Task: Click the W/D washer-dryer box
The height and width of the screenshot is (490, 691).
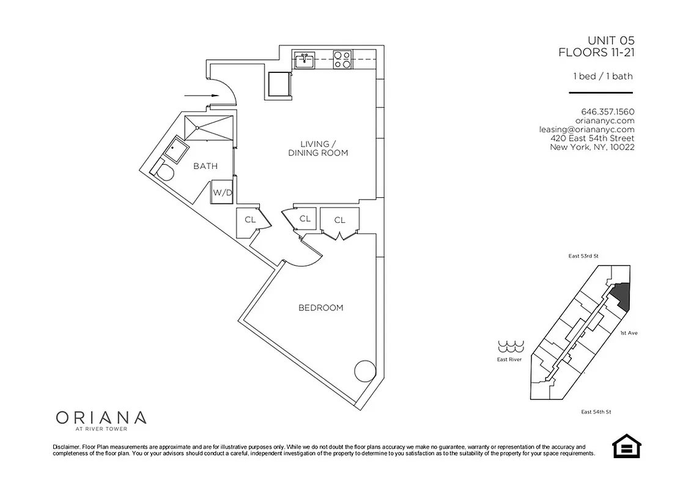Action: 223,192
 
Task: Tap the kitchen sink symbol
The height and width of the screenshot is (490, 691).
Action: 304,61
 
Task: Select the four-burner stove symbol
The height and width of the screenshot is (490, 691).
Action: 342,60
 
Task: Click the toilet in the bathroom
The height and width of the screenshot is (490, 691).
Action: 164,171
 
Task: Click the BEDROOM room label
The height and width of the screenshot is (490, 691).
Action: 320,307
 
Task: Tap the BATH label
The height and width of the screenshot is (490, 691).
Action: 205,166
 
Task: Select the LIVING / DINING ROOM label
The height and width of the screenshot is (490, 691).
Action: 318,148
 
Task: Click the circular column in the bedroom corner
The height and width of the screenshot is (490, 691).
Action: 365,371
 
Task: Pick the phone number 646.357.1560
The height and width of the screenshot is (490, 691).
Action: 608,112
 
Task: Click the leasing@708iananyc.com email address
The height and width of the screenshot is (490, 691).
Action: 586,129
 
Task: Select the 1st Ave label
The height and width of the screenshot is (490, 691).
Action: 629,333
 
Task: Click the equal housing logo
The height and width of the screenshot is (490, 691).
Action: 625,447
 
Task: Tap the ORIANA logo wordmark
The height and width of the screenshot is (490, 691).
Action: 101,418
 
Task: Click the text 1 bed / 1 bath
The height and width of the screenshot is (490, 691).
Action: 602,77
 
